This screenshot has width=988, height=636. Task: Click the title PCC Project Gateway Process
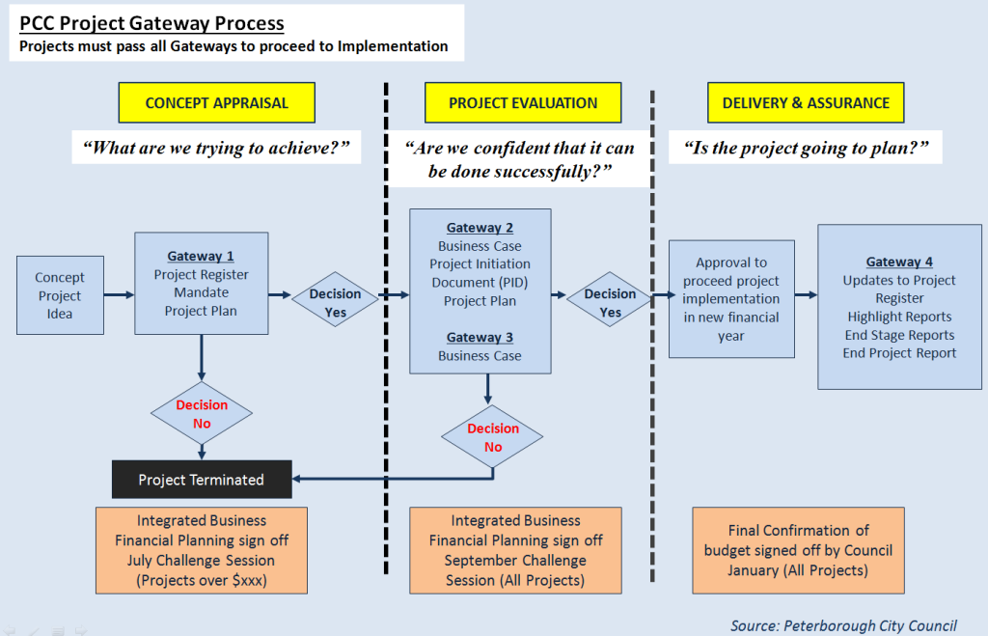[152, 23]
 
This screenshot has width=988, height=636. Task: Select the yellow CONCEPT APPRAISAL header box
[216, 102]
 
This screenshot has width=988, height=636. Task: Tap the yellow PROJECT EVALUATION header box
[523, 102]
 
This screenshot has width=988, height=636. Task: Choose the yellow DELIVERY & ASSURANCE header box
[806, 102]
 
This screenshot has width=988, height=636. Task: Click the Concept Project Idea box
[60, 295]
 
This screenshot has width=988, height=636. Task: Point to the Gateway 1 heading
[201, 256]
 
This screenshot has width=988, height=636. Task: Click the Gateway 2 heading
[480, 228]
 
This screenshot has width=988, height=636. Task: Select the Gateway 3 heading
[480, 338]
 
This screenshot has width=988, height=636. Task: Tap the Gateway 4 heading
[899, 262]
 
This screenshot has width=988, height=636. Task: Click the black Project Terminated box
[202, 480]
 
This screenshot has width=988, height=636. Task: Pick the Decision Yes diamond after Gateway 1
[335, 303]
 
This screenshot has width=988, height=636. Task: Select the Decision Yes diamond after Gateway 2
[610, 303]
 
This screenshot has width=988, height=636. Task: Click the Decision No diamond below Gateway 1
[202, 414]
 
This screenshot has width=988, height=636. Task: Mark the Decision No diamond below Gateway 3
[493, 437]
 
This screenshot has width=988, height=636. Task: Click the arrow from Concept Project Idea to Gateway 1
[119, 295]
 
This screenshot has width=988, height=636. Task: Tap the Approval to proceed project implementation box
[731, 299]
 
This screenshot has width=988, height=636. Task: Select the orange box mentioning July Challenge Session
[201, 550]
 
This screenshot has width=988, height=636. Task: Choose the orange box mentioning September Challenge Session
[515, 550]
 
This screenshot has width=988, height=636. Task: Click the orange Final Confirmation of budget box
[798, 550]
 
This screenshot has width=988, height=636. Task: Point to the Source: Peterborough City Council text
[843, 625]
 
